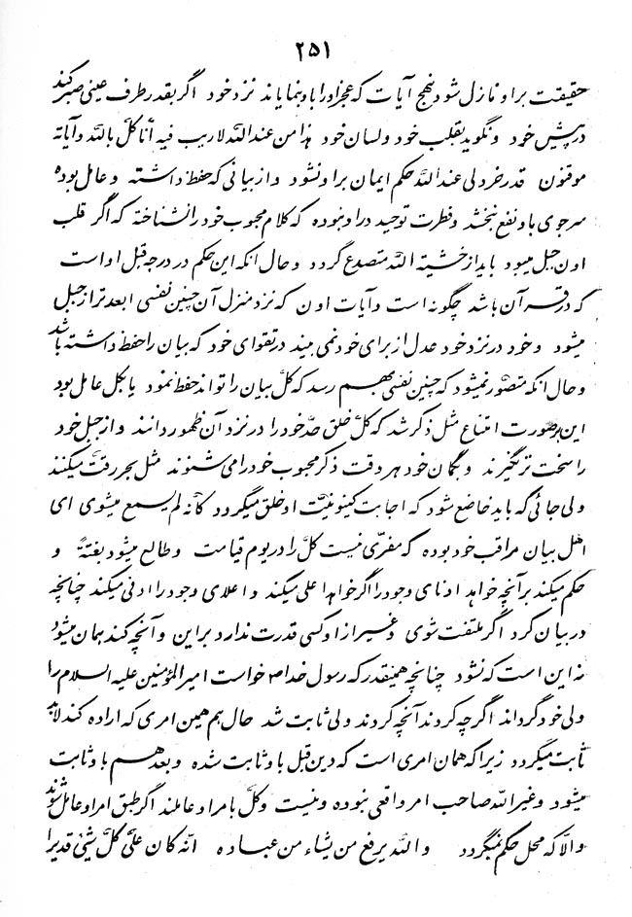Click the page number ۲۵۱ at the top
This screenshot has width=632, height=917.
(x=316, y=48)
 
